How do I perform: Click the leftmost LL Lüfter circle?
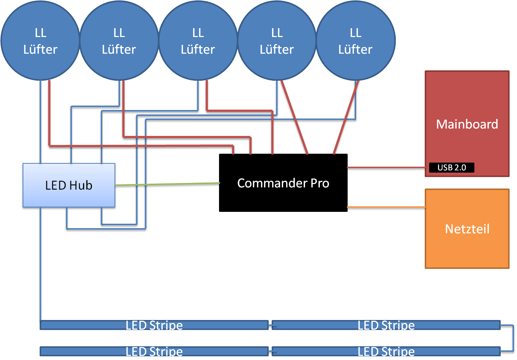pos(40,41)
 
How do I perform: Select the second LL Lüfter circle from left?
pos(119,41)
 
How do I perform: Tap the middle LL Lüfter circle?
pos(198,41)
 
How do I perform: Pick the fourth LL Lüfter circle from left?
pos(277,41)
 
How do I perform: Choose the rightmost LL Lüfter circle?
pos(355,41)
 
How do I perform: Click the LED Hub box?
pos(69,185)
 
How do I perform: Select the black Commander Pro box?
pos(283,183)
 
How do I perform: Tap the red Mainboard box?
pos(467,111)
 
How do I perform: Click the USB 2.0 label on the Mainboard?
pos(451,168)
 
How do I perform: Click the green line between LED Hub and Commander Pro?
pos(167,184)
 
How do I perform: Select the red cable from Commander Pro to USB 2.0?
pos(385,168)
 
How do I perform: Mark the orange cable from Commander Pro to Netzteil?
pos(385,207)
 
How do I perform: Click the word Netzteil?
pos(467,229)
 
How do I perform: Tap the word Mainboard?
pos(467,124)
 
